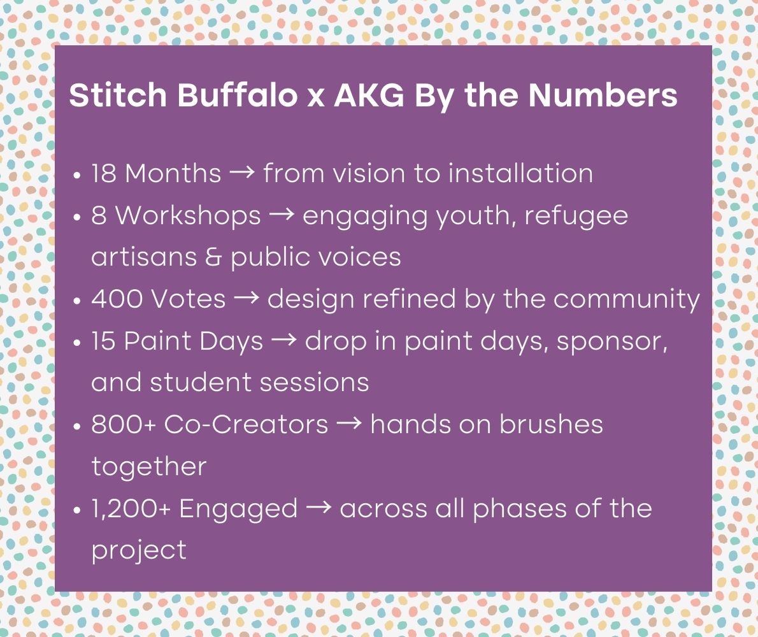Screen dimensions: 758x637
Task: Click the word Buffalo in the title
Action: [238, 94]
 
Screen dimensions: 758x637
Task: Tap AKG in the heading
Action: [369, 95]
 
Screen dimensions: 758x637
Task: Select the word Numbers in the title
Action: [603, 94]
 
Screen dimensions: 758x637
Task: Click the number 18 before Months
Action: [104, 173]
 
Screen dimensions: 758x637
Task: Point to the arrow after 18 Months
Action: [242, 173]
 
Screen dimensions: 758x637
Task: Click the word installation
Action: [520, 173]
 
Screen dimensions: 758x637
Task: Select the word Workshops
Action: [189, 215]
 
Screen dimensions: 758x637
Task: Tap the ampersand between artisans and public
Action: [213, 257]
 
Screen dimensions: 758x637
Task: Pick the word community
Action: [627, 299]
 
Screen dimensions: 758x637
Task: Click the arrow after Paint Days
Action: [284, 341]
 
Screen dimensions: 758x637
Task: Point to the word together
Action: [149, 466]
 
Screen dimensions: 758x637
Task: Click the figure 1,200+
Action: [131, 508]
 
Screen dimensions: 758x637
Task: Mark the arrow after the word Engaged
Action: [319, 508]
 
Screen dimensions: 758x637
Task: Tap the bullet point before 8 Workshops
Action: [77, 217]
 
